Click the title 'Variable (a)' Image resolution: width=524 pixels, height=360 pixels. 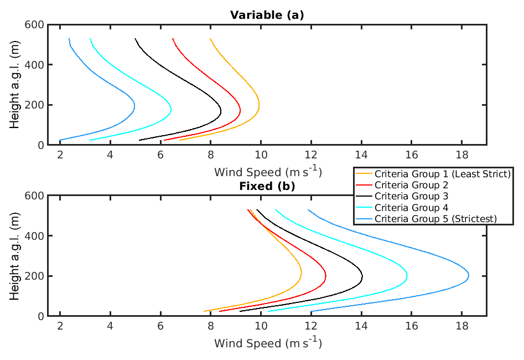[x=267, y=15]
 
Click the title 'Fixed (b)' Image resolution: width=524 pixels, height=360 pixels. [x=267, y=186]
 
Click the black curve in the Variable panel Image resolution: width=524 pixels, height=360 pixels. [x=221, y=111]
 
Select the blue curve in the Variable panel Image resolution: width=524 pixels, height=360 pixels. [x=134, y=105]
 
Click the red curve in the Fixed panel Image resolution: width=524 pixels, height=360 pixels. [x=325, y=275]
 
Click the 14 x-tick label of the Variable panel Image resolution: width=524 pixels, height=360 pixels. [x=361, y=155]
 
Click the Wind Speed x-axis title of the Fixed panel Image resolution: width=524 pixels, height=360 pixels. [x=268, y=343]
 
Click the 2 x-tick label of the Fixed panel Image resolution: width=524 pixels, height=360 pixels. [x=60, y=326]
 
